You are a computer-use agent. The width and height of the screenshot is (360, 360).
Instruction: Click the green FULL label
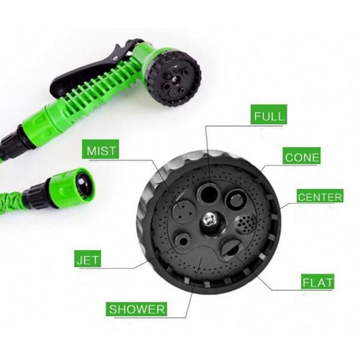pyautogui.click(x=269, y=115)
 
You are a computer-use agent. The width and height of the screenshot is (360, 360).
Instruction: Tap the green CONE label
pyautogui.click(x=301, y=155)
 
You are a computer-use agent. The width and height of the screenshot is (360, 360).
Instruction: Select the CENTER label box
pyautogui.click(x=320, y=196)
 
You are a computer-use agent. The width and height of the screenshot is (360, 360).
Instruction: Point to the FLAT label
pyautogui.click(x=317, y=281)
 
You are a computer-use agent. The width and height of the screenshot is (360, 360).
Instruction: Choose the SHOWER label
pyautogui.click(x=136, y=309)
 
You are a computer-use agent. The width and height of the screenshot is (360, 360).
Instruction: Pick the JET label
pyautogui.click(x=88, y=259)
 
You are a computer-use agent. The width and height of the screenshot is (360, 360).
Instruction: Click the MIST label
pyautogui.click(x=101, y=149)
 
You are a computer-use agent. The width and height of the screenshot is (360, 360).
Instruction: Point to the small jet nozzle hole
pyautogui.click(x=183, y=241)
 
